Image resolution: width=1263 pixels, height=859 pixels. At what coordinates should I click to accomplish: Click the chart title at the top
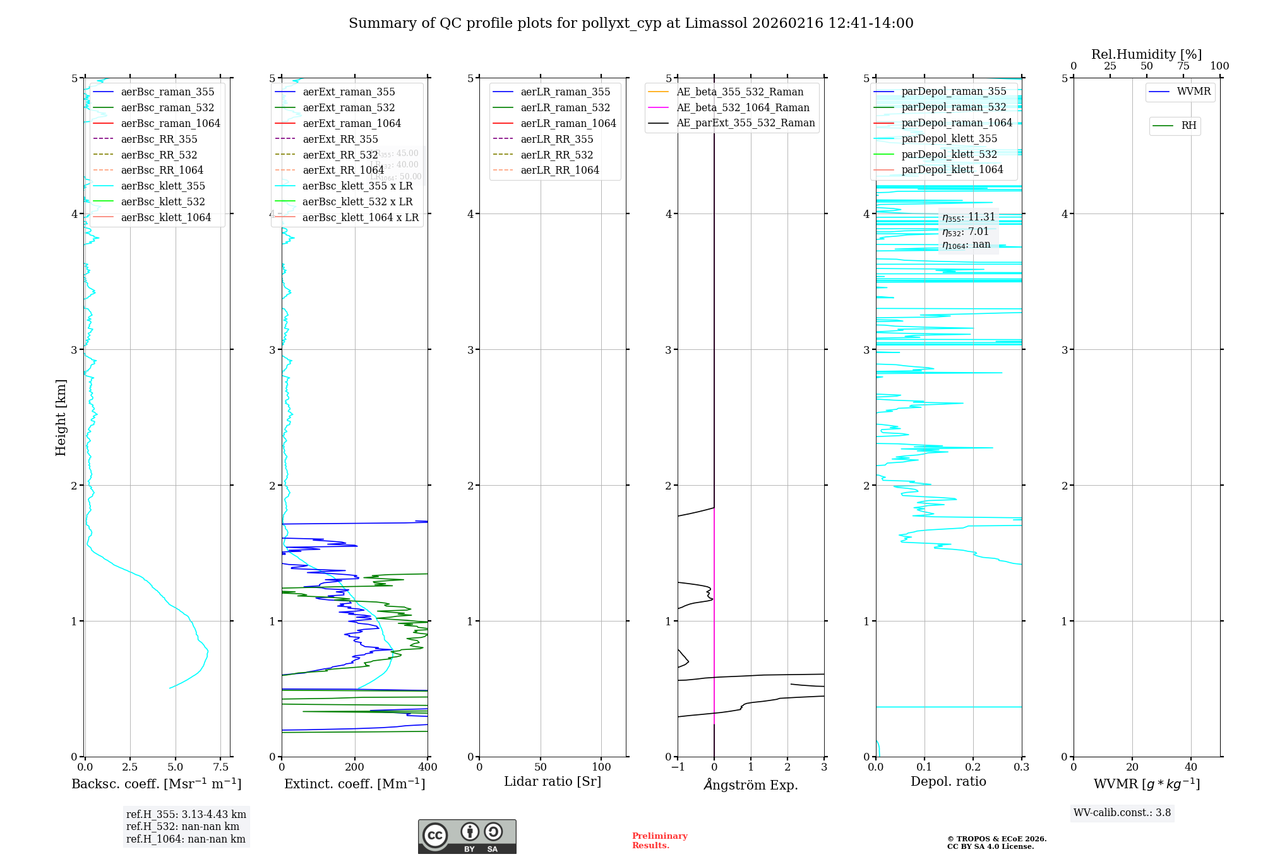pyautogui.click(x=631, y=23)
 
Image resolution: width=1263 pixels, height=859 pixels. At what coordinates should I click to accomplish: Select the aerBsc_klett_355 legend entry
pyautogui.click(x=163, y=186)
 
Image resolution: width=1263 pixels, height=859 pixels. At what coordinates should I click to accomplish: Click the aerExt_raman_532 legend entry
pyautogui.click(x=349, y=107)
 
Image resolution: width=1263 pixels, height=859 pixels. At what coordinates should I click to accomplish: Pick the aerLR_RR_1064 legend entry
pyautogui.click(x=560, y=170)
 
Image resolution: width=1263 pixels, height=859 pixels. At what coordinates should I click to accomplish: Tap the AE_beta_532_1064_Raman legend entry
pyautogui.click(x=743, y=107)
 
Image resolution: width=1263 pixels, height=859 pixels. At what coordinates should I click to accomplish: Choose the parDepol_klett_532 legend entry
pyautogui.click(x=949, y=154)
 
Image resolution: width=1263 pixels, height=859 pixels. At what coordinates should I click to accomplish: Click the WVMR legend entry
pyautogui.click(x=1194, y=92)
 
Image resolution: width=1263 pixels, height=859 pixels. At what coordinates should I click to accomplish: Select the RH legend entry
pyautogui.click(x=1188, y=126)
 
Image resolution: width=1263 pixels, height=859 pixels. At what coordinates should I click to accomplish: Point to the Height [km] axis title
pyautogui.click(x=61, y=417)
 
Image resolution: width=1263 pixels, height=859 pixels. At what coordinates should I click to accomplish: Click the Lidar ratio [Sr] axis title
pyautogui.click(x=553, y=781)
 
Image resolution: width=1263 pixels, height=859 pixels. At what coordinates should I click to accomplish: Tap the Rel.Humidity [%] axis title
pyautogui.click(x=1146, y=54)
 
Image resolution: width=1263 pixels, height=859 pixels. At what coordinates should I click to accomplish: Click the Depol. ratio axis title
pyautogui.click(x=948, y=781)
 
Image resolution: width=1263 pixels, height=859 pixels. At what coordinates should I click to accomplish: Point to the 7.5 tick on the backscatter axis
pyautogui.click(x=220, y=767)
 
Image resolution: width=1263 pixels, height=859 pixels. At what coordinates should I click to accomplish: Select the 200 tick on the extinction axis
pyautogui.click(x=355, y=767)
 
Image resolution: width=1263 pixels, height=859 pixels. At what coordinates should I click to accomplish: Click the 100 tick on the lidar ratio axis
pyautogui.click(x=601, y=767)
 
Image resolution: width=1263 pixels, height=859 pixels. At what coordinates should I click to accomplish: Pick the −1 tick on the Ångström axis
pyautogui.click(x=678, y=767)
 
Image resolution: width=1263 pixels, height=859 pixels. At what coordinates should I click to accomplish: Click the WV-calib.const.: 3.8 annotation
pyautogui.click(x=1122, y=813)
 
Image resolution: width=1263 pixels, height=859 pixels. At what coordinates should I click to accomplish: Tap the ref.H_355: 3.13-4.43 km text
pyautogui.click(x=186, y=815)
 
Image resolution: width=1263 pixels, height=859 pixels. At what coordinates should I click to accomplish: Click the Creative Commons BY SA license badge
pyautogui.click(x=467, y=837)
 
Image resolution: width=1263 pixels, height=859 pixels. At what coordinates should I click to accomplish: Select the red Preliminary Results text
pyautogui.click(x=659, y=841)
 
